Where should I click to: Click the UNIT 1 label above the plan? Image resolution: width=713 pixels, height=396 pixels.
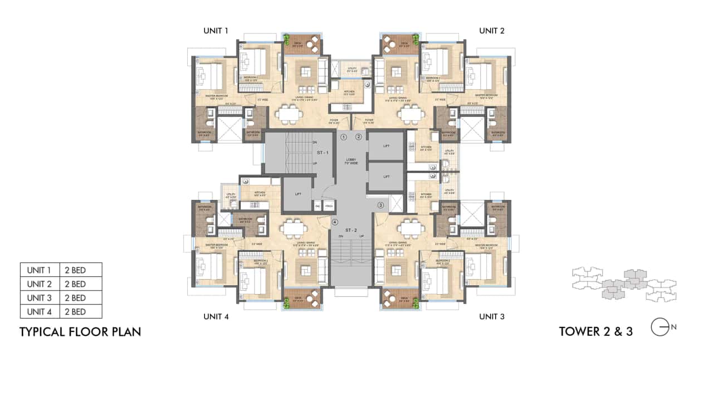click(216, 31)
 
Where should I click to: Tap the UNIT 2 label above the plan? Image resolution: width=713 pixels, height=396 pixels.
click(492, 31)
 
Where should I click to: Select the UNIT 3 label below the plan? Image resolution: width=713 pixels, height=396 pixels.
click(492, 316)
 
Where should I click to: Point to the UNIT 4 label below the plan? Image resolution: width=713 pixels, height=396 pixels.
click(216, 316)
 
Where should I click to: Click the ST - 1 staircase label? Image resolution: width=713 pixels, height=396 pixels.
click(323, 152)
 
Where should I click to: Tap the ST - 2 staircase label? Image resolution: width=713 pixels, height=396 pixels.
click(350, 229)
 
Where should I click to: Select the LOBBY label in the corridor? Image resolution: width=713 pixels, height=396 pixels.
click(351, 160)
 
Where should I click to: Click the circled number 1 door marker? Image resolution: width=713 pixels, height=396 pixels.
click(344, 136)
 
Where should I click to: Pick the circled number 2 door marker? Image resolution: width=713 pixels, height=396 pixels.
click(359, 136)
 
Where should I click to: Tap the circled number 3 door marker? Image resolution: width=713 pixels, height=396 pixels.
click(381, 205)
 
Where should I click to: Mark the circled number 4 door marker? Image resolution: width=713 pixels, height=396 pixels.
click(335, 222)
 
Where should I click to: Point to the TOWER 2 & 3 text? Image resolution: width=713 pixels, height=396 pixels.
click(595, 331)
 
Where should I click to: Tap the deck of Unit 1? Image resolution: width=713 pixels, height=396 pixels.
click(301, 45)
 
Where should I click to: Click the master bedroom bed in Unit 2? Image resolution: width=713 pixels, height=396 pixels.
click(482, 75)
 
